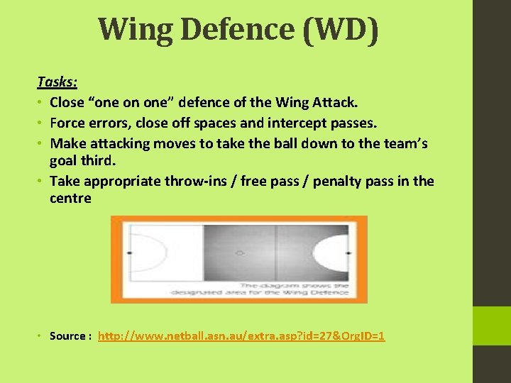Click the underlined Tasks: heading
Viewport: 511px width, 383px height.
coord(57,82)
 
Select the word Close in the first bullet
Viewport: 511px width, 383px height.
coord(68,103)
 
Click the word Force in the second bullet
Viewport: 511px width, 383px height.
coord(68,123)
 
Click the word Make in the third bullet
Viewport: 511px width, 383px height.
coord(67,143)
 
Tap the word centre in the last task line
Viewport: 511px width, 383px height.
coord(70,199)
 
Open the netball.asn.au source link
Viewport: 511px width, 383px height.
coord(241,335)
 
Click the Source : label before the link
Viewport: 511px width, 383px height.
coord(70,335)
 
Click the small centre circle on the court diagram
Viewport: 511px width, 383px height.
coord(239,252)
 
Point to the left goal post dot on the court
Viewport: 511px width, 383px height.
coord(129,252)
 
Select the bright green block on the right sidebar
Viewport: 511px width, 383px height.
coord(492,326)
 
